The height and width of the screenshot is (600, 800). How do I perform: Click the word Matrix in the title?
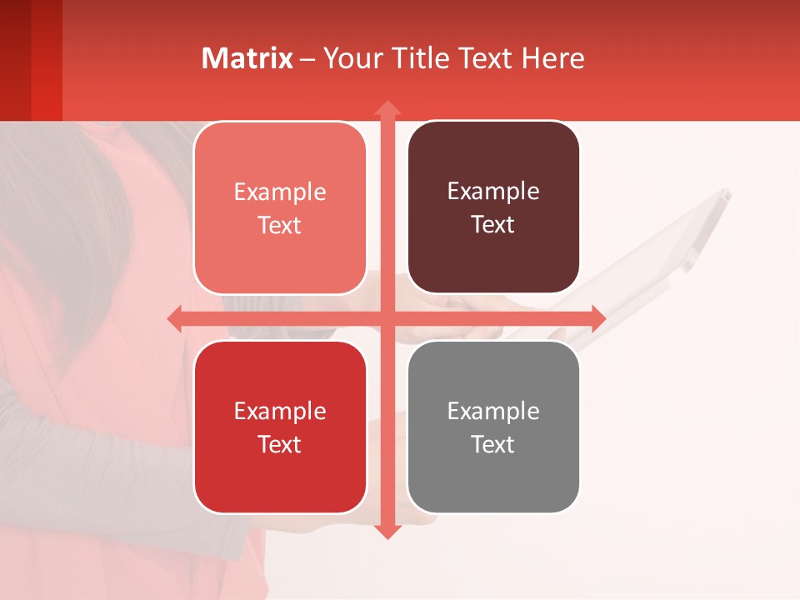click(247, 58)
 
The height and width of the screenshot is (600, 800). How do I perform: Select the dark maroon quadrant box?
click(493, 207)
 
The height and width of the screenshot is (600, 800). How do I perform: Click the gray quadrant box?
click(493, 427)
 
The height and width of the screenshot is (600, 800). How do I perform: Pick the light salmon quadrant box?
click(280, 207)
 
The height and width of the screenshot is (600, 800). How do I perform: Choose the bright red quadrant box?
click(280, 427)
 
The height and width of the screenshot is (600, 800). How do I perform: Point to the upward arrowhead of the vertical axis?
click(387, 108)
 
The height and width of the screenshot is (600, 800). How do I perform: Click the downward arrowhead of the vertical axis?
click(387, 531)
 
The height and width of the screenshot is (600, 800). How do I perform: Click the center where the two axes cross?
click(387, 318)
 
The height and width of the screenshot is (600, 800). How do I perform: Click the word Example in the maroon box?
click(493, 192)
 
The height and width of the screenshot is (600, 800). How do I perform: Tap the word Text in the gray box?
click(493, 444)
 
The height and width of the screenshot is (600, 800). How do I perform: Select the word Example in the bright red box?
click(280, 411)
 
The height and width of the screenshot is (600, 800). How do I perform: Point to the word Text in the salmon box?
click(280, 225)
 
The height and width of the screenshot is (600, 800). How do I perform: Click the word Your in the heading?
click(351, 58)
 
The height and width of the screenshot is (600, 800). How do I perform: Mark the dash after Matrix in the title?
click(307, 59)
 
